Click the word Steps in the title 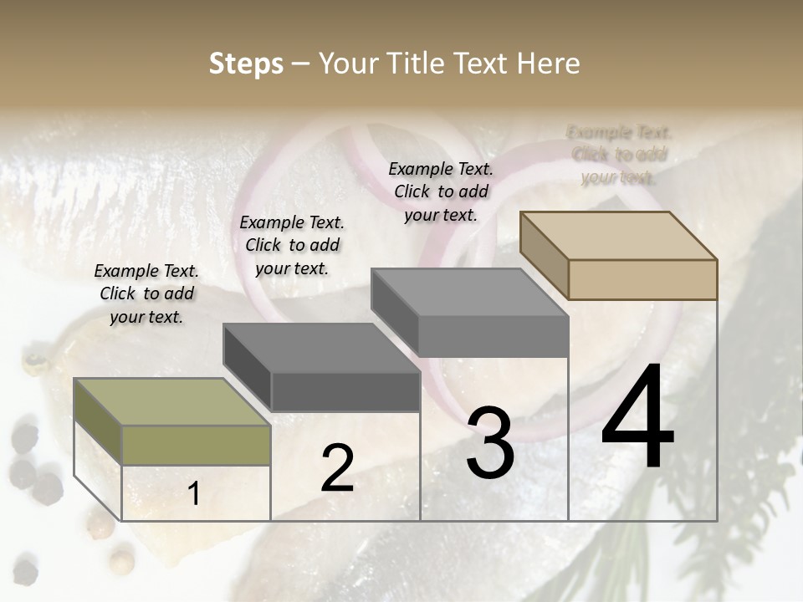point(246,64)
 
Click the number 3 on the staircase point(490,442)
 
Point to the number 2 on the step point(337,468)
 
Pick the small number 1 point(194,494)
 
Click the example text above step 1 point(146,293)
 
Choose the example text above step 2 point(292,245)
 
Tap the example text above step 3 point(441,191)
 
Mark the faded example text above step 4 point(619,155)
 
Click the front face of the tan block point(642,279)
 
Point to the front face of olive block point(196,445)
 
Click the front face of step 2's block point(345,391)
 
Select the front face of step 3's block point(493,337)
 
